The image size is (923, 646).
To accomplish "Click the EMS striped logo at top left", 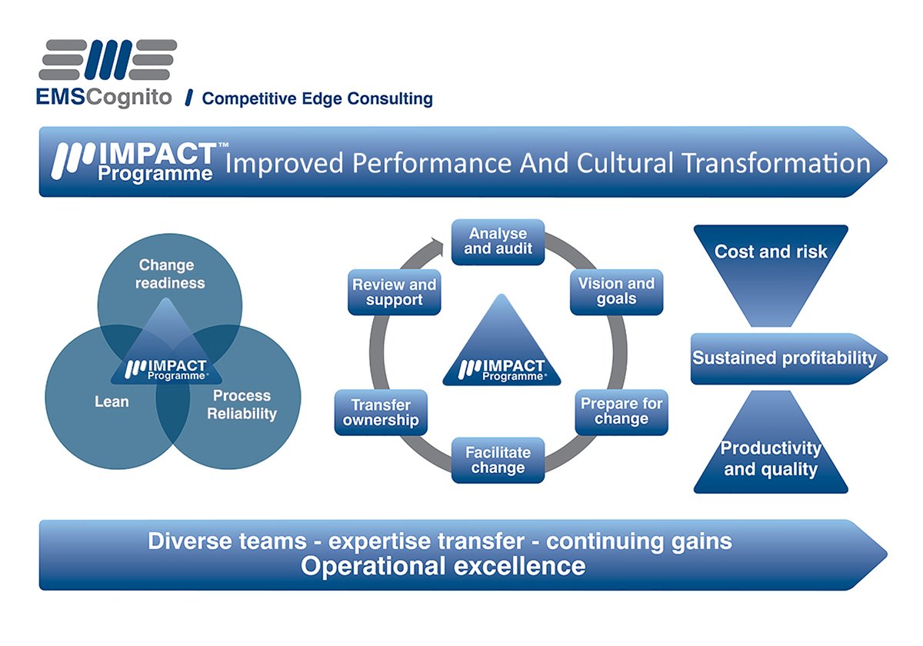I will [x=108, y=61].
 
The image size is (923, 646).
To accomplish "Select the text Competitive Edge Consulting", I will [x=317, y=98].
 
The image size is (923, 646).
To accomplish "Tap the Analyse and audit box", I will [x=498, y=241].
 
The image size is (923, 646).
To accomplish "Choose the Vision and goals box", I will [x=616, y=291].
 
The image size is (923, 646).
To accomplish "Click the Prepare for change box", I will [x=621, y=411].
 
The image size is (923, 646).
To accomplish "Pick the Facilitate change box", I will [x=498, y=460].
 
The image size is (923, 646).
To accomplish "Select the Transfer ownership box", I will [x=381, y=412].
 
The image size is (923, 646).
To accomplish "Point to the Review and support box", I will [x=394, y=292].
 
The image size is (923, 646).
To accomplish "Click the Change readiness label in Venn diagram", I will [x=170, y=274].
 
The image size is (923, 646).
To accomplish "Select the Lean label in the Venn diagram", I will [x=112, y=401].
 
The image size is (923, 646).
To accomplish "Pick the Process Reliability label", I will [x=242, y=405].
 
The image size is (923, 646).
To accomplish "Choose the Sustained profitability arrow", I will [x=785, y=358].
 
